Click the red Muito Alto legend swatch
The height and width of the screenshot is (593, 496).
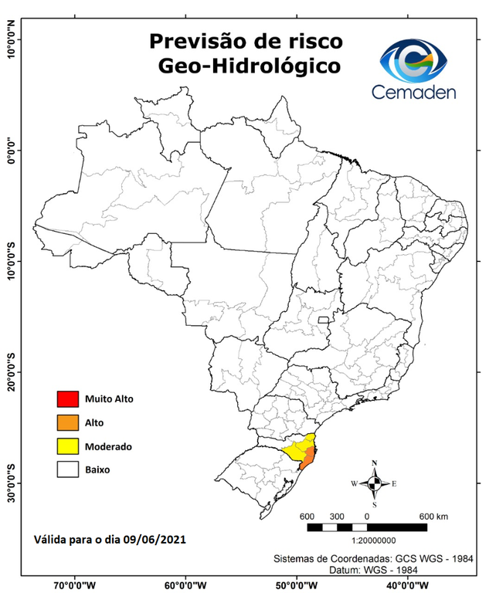(x=68, y=399)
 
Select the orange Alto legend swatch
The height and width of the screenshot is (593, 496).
(x=68, y=422)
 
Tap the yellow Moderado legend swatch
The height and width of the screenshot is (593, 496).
(x=68, y=446)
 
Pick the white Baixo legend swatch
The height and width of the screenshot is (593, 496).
(x=68, y=469)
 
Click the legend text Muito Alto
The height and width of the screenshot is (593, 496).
(x=110, y=399)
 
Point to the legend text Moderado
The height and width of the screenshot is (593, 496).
(x=109, y=446)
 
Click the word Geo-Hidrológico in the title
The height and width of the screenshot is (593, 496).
(x=248, y=66)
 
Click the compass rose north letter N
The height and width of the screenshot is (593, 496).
(x=375, y=463)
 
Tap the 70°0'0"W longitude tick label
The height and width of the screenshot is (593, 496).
(x=74, y=585)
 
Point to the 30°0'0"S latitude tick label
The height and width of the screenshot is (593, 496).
(x=10, y=483)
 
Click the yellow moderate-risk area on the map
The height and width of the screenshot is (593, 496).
(x=295, y=449)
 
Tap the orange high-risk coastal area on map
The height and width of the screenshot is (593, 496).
(x=307, y=462)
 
